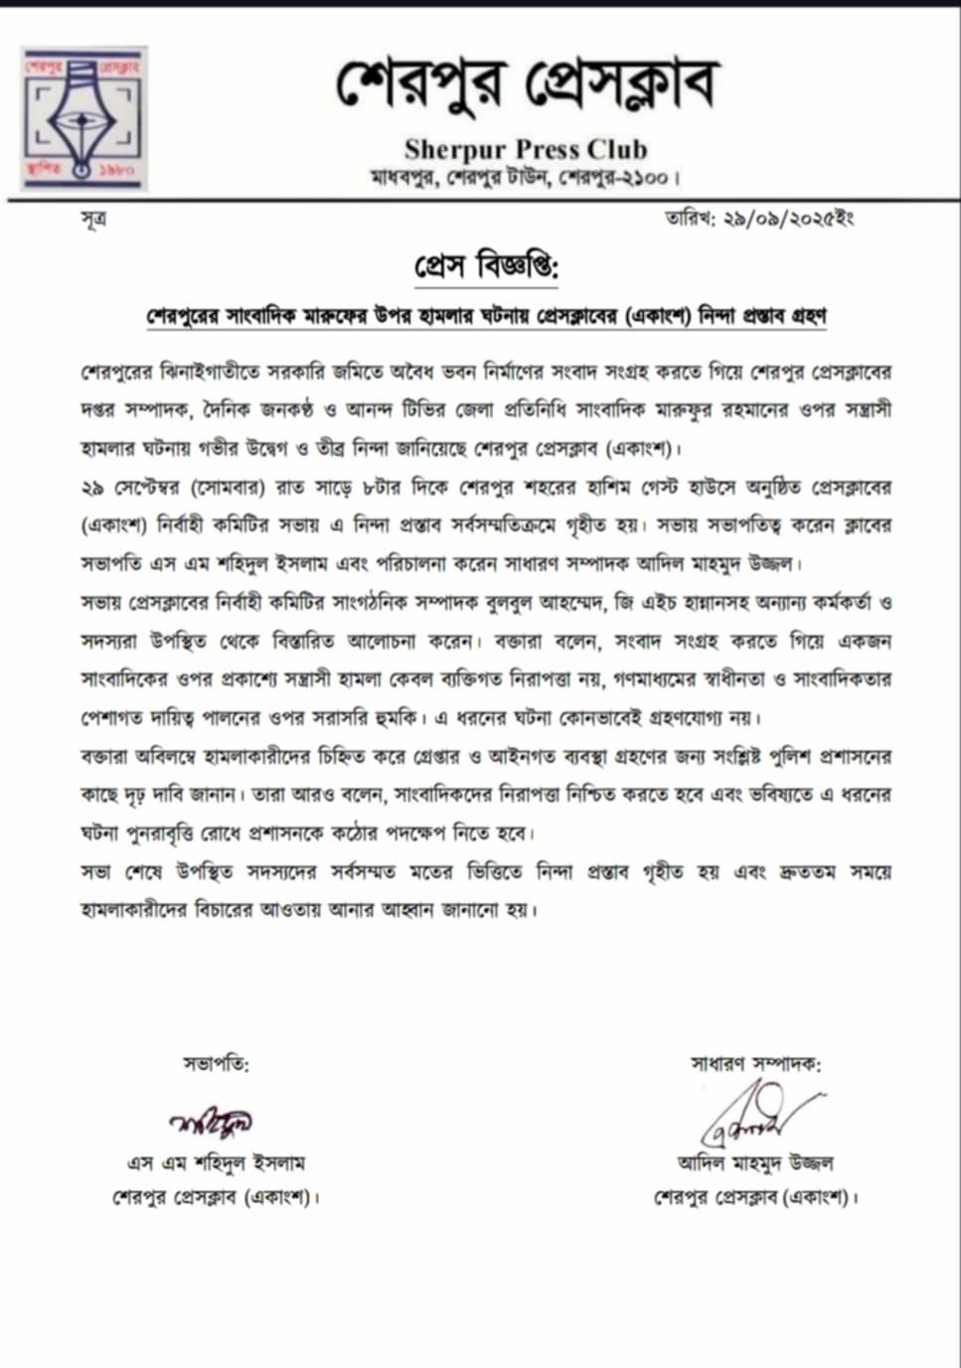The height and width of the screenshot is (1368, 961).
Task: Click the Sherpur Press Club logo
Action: (x=84, y=117)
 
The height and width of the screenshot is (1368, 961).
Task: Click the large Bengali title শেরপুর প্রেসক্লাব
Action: (x=526, y=85)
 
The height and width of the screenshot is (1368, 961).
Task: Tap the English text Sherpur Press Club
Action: (x=526, y=150)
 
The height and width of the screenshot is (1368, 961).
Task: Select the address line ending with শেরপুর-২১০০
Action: (x=525, y=179)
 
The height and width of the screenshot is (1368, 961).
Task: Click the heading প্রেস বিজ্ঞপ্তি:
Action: (x=486, y=267)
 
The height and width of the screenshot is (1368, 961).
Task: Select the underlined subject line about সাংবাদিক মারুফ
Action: (x=486, y=317)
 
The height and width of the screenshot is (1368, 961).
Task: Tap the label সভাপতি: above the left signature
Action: (x=216, y=1064)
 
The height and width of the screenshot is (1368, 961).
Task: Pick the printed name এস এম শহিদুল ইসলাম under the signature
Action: (x=216, y=1162)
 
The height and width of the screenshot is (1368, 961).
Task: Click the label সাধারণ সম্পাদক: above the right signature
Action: (x=755, y=1064)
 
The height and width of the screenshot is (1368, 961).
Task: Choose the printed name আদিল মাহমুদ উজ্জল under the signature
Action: (x=755, y=1162)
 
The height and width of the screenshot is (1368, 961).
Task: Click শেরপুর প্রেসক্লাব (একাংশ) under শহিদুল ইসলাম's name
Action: (x=216, y=1197)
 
